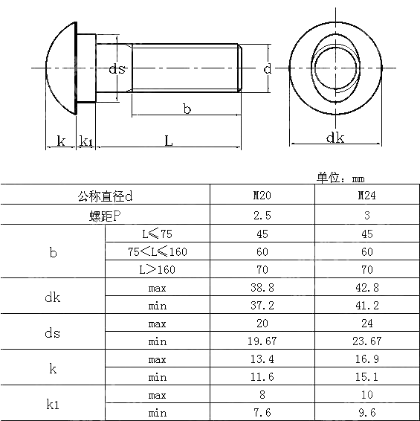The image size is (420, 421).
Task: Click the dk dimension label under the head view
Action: (x=335, y=138)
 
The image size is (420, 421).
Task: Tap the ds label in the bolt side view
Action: (x=117, y=69)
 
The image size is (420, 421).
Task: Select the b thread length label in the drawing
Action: (x=187, y=109)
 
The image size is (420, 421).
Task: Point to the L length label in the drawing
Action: (x=168, y=141)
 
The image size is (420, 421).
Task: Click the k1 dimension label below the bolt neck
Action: (x=86, y=141)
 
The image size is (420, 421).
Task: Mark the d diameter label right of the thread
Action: (x=268, y=68)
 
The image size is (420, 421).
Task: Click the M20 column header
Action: (x=262, y=195)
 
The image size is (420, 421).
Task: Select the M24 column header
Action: (x=367, y=195)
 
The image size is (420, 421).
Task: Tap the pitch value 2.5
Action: (x=262, y=215)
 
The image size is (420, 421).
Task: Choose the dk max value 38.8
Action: (x=262, y=288)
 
